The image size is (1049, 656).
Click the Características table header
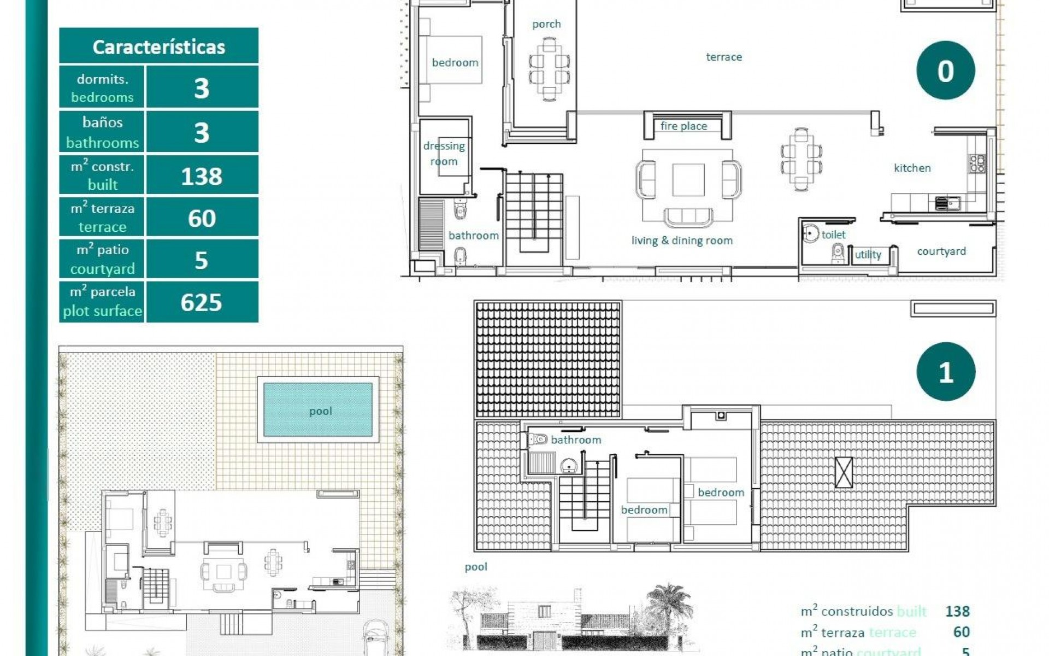pyautogui.click(x=158, y=46)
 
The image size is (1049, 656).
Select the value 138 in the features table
pyautogui.click(x=202, y=176)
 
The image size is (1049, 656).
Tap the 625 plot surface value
pyautogui.click(x=202, y=302)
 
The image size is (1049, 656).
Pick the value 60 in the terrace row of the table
pyautogui.click(x=202, y=218)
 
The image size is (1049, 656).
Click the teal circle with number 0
pyautogui.click(x=945, y=71)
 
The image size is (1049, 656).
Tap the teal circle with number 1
pyautogui.click(x=945, y=372)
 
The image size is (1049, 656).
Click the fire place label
pyautogui.click(x=683, y=126)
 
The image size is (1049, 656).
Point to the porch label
pyautogui.click(x=546, y=24)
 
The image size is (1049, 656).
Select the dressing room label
pyautogui.click(x=444, y=154)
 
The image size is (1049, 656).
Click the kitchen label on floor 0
pyautogui.click(x=912, y=168)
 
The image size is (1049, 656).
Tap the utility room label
pyautogui.click(x=868, y=254)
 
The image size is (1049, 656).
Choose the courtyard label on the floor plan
pyautogui.click(x=941, y=251)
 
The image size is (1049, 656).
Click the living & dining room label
pyautogui.click(x=682, y=241)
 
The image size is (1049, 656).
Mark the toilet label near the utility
pyautogui.click(x=833, y=235)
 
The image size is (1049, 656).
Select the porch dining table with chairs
pyautogui.click(x=549, y=68)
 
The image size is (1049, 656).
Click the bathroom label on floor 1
pyautogui.click(x=575, y=440)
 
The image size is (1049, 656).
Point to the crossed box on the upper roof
pyautogui.click(x=843, y=472)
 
